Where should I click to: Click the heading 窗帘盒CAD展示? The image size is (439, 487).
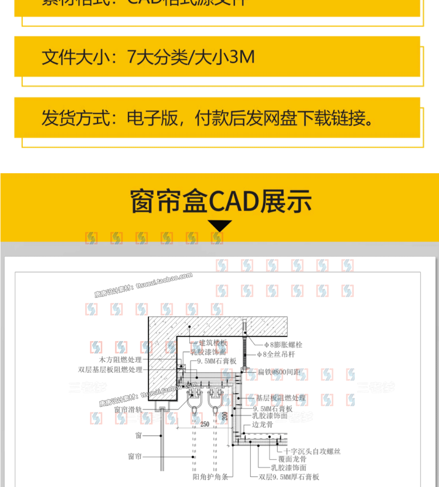[221, 201]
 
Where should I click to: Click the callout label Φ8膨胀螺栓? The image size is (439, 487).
[283, 345]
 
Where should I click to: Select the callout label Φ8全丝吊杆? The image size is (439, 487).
[279, 355]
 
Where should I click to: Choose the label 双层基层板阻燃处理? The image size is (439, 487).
[110, 370]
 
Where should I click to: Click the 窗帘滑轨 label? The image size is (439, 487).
[128, 410]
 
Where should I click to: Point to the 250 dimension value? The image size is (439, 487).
[205, 424]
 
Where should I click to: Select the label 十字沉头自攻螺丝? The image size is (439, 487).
[312, 451]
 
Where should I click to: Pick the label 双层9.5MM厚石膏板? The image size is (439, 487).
[288, 477]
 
